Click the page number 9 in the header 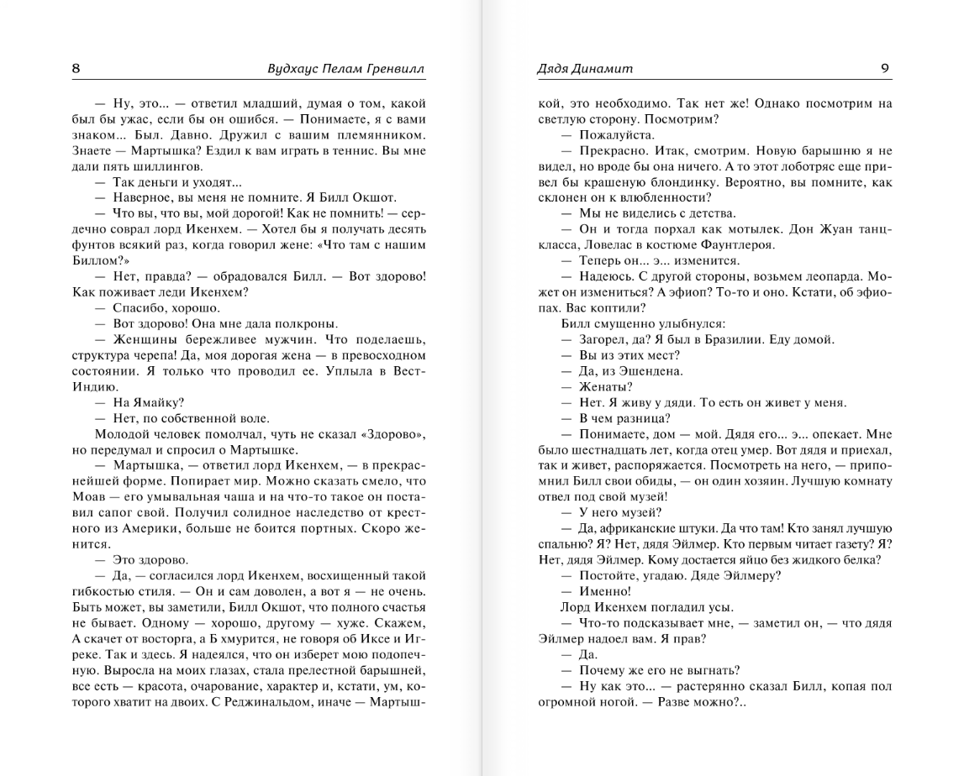[x=885, y=69]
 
